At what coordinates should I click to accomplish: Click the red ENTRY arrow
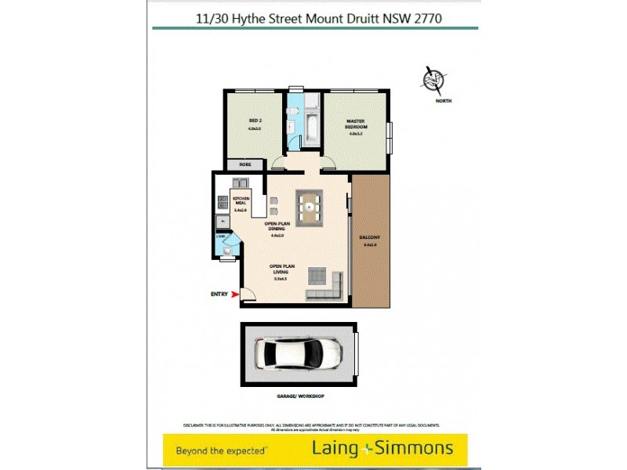[234, 295]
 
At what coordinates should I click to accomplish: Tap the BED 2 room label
[254, 121]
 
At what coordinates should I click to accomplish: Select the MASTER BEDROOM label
[357, 124]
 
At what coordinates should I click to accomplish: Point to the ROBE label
[245, 165]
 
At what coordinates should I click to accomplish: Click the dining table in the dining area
[310, 206]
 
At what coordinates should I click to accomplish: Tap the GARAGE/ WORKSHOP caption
[301, 396]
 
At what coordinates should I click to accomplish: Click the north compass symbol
[432, 81]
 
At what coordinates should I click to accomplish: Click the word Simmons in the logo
[416, 448]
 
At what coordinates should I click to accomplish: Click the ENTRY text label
[219, 295]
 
